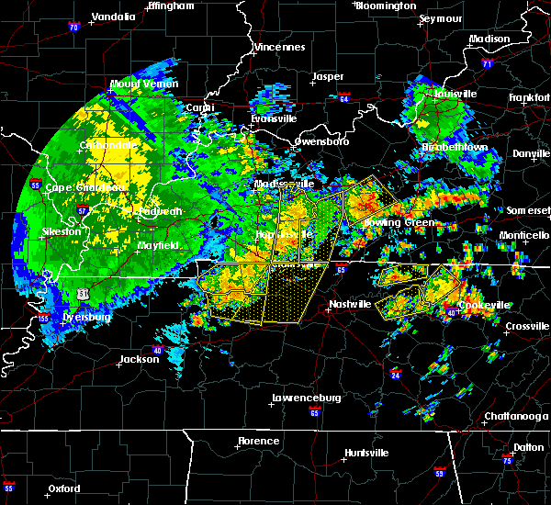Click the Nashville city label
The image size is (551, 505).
pos(352,304)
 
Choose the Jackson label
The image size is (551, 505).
pos(139,359)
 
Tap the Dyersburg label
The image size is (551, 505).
pos(86,317)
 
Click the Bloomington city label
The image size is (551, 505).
pos(386,6)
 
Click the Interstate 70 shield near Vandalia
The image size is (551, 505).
pos(72,28)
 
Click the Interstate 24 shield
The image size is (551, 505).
pos(395,376)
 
